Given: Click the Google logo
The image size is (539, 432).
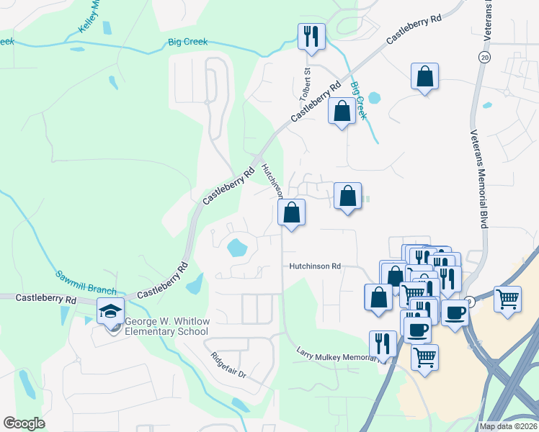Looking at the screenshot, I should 24,423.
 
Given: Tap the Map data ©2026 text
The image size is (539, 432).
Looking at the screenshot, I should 509,426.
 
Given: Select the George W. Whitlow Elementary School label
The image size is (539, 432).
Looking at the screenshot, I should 166,326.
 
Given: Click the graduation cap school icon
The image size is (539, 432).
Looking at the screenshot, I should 110,312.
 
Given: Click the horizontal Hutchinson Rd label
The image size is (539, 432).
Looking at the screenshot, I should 314,266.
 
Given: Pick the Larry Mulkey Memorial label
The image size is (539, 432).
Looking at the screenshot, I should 339,354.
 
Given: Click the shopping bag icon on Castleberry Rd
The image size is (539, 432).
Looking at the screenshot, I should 342,112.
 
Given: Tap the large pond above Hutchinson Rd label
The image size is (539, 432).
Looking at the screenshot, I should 238,248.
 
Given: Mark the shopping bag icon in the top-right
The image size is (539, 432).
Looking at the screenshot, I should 425,77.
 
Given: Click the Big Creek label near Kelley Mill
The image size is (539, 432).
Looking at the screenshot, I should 187,42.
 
